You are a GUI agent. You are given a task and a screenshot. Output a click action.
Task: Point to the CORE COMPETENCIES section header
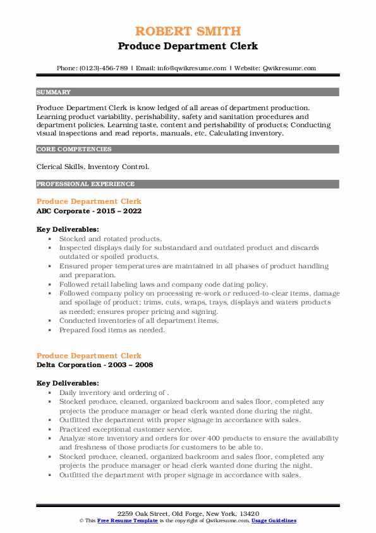click(x=74, y=149)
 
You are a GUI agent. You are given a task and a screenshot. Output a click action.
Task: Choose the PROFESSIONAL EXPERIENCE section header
click(x=85, y=184)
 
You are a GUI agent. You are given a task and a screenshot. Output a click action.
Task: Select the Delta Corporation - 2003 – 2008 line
click(x=95, y=365)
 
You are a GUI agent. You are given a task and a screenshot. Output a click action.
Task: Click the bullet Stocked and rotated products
click(x=111, y=239)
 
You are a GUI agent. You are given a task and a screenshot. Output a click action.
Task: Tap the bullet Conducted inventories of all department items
click(x=139, y=321)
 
